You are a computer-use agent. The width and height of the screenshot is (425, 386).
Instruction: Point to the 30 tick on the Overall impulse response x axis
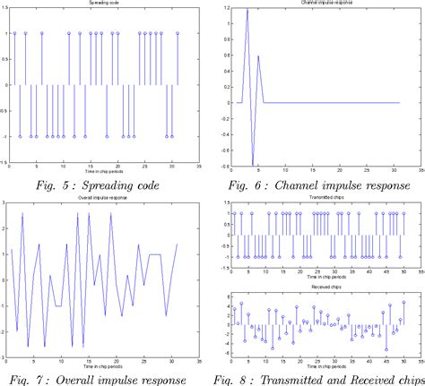169,361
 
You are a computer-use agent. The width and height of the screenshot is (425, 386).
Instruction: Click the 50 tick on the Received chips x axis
403,361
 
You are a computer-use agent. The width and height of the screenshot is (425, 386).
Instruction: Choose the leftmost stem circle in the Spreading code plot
15,32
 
